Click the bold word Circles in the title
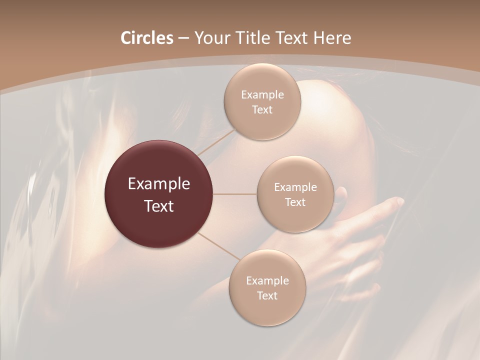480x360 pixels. pyautogui.click(x=146, y=38)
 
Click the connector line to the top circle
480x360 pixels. pyautogui.click(x=216, y=141)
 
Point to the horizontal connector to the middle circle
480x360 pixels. pyautogui.click(x=235, y=194)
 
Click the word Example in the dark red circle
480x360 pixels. pyautogui.click(x=159, y=184)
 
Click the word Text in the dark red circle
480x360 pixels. pyautogui.click(x=159, y=206)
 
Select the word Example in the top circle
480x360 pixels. pyautogui.click(x=262, y=95)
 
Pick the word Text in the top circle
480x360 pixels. pyautogui.click(x=262, y=109)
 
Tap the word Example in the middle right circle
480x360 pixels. pyautogui.click(x=295, y=187)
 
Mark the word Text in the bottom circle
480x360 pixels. pyautogui.click(x=267, y=295)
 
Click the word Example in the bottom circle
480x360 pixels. pyautogui.click(x=267, y=280)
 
